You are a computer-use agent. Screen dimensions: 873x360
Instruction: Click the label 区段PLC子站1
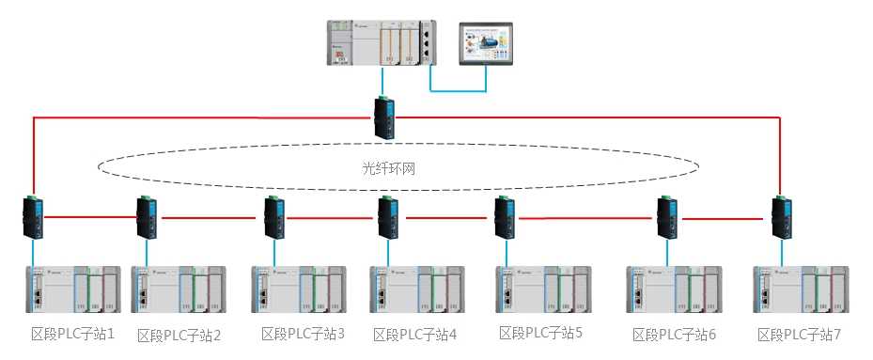coord(72,334)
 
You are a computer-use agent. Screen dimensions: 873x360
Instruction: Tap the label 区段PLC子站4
coord(414,335)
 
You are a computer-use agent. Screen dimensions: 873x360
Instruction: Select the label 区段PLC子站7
coord(799,335)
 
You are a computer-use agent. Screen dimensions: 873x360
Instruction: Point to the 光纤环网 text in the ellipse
coord(389,168)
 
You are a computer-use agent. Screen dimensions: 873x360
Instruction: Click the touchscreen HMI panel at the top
coord(486,44)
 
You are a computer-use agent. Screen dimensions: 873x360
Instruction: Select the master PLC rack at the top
coord(382,43)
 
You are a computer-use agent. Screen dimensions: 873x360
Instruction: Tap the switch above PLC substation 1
coord(34,217)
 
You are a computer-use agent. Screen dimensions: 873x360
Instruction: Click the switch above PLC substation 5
coord(505,217)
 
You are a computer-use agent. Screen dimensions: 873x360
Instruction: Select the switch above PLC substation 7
coord(781,217)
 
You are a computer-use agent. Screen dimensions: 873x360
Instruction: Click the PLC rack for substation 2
coord(179,290)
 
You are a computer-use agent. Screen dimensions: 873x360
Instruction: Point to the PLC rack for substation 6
coord(674,290)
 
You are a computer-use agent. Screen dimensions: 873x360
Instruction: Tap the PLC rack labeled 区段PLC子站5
coord(543,290)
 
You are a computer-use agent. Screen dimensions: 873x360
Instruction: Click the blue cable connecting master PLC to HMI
coord(459,89)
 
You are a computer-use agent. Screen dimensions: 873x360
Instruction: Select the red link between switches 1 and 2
coord(91,217)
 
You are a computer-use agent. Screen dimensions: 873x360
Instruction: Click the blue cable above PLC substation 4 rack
coord(389,253)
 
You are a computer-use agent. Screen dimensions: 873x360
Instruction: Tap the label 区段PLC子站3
coord(303,334)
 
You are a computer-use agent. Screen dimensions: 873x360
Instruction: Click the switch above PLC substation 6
coord(667,217)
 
